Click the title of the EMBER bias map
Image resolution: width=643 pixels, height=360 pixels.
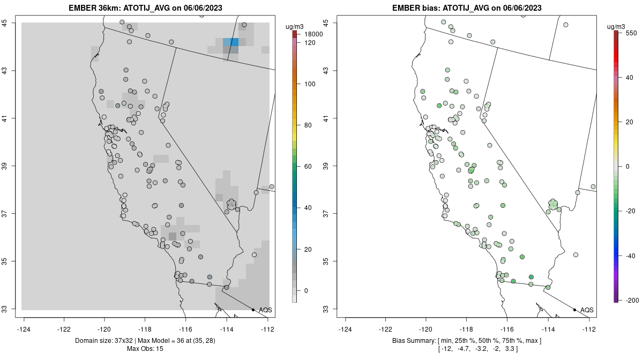point(467,8)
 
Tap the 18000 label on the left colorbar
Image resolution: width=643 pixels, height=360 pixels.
point(311,34)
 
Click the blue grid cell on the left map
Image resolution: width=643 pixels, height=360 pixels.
point(231,42)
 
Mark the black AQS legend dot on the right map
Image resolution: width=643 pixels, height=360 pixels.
point(574,310)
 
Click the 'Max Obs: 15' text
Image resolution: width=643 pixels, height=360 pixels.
point(145,349)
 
